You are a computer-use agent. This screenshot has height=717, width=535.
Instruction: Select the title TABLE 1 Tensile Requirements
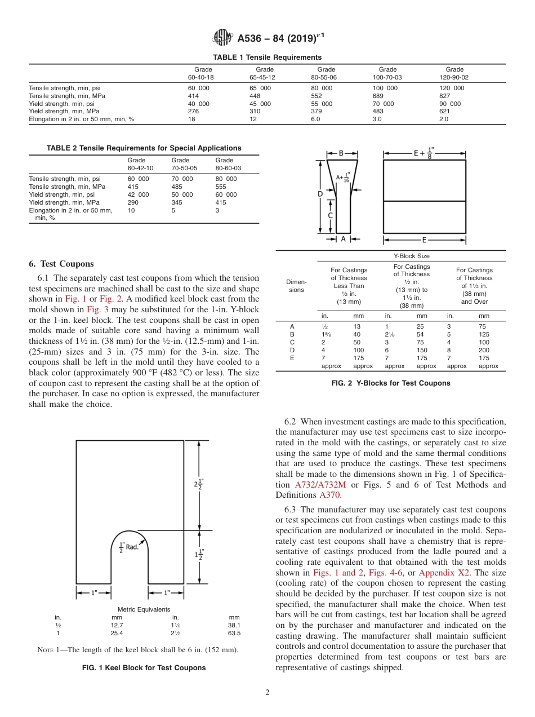[x=267, y=57]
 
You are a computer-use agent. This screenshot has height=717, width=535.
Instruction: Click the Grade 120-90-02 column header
[x=454, y=73]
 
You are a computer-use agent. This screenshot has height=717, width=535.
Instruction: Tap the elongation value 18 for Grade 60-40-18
[x=191, y=119]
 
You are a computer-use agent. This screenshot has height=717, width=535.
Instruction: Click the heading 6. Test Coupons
[x=61, y=264]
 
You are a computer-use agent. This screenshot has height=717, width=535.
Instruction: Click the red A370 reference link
[x=330, y=495]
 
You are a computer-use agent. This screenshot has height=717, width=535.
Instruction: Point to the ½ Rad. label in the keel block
[x=128, y=546]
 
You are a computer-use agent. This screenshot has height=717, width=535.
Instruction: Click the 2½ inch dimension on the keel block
[x=198, y=485]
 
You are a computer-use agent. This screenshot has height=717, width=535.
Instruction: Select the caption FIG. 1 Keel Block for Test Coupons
[x=144, y=668]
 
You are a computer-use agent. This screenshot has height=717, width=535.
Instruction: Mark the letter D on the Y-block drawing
[x=320, y=193]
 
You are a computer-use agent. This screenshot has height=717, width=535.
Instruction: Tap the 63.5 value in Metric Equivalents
[x=234, y=633]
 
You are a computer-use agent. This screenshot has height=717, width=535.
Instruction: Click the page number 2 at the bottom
[x=267, y=693]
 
